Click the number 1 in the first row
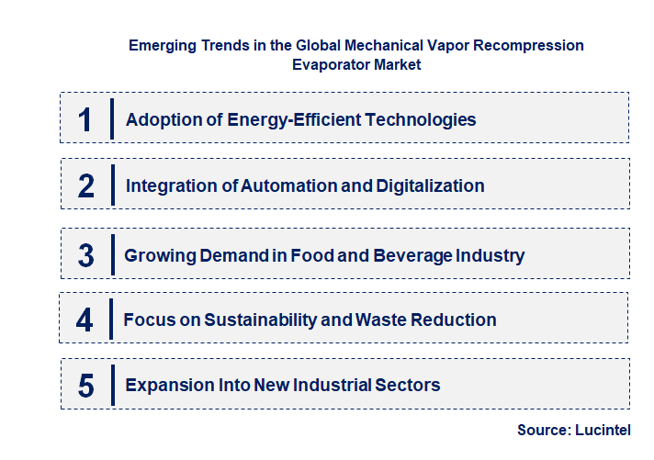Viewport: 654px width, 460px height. pyautogui.click(x=85, y=119)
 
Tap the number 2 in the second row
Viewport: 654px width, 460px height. pyautogui.click(x=86, y=185)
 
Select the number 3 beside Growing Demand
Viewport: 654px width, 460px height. pyautogui.click(x=86, y=255)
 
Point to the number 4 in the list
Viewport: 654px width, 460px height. pyautogui.click(x=85, y=320)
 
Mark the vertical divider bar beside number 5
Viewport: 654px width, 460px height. pyautogui.click(x=111, y=384)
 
